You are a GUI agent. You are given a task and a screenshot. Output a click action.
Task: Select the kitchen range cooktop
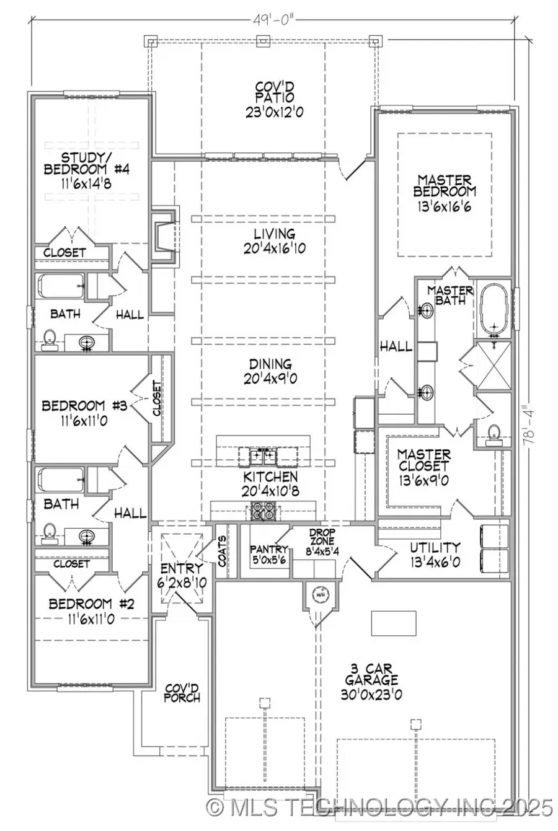tap(259, 512)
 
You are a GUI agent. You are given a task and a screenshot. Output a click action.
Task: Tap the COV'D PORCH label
tap(182, 693)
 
